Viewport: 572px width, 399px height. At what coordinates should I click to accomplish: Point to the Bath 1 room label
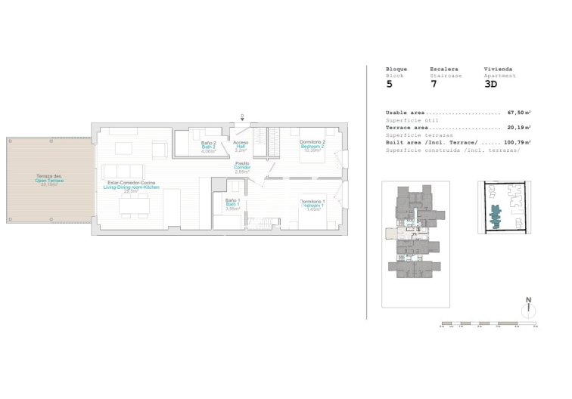click(233, 205)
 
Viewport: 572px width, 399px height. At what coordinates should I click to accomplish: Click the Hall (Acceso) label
click(241, 147)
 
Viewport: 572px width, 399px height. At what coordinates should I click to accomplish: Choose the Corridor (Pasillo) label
click(242, 167)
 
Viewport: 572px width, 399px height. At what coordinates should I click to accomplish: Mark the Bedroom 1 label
click(312, 204)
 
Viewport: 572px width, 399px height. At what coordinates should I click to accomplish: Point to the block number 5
click(390, 85)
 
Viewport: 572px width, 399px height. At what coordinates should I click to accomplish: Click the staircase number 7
click(434, 85)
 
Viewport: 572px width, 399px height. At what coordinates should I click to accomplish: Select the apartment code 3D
click(490, 85)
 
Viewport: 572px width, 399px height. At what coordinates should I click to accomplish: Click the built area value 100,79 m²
click(517, 142)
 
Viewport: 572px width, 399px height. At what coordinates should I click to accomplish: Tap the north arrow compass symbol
click(529, 309)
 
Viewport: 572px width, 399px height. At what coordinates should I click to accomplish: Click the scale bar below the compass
click(488, 325)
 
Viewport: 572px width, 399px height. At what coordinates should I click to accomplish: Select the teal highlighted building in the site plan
click(496, 217)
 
